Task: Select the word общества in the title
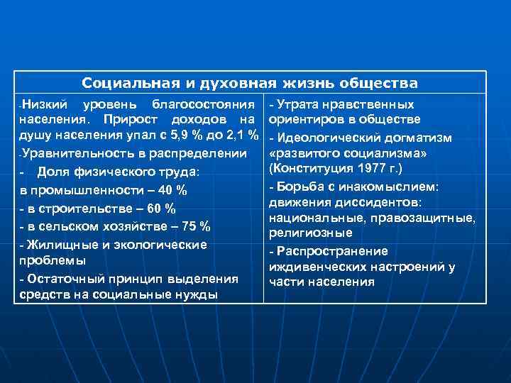(x=384, y=83)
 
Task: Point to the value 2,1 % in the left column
(x=242, y=135)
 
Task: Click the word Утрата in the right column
(x=297, y=104)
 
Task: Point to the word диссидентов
(x=375, y=201)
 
